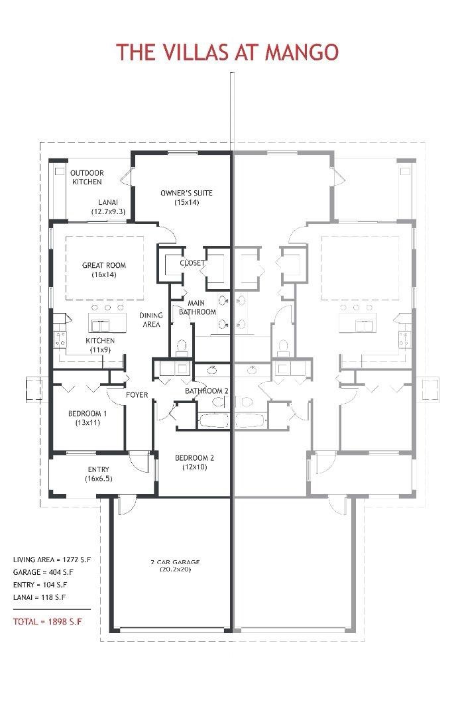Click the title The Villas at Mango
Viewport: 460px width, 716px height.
(228, 51)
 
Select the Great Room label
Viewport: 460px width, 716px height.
(103, 269)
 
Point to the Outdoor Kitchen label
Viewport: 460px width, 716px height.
(87, 177)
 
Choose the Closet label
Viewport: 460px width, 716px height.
(192, 263)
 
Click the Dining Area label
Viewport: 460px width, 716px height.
(151, 320)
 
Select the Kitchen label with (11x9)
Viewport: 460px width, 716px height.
(100, 345)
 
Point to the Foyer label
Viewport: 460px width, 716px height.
(137, 395)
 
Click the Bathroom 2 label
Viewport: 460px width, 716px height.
(206, 391)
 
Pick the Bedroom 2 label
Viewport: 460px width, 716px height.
(194, 462)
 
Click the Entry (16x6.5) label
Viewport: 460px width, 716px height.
(98, 474)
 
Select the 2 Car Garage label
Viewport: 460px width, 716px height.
(174, 566)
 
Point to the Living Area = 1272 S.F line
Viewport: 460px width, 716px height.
(52, 560)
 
